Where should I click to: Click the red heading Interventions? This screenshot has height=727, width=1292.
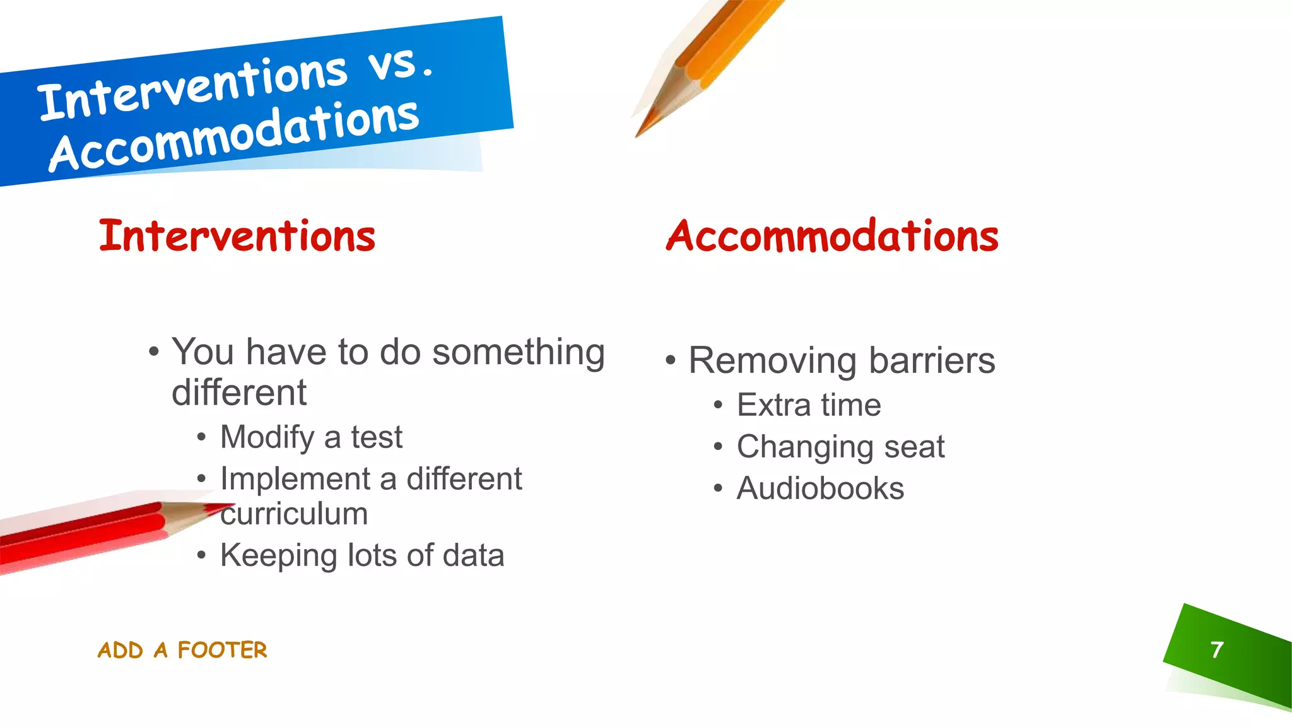(237, 236)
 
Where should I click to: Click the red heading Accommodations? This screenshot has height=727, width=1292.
(832, 236)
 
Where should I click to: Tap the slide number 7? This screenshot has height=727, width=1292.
(1217, 649)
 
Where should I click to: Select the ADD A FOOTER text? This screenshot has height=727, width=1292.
(182, 650)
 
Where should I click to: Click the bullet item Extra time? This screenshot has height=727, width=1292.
(808, 405)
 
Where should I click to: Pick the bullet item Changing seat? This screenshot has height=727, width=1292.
(840, 447)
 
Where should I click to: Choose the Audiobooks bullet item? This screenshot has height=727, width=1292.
(820, 488)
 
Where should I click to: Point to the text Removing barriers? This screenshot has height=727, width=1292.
(842, 360)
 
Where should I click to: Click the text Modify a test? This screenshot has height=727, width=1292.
(311, 437)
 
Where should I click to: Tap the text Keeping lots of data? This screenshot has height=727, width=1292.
(361, 555)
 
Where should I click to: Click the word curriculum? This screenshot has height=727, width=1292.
(294, 514)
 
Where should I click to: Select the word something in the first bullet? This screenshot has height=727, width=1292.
(518, 352)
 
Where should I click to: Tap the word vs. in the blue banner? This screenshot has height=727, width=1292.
(401, 64)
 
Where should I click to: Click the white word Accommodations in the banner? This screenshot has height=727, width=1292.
(233, 136)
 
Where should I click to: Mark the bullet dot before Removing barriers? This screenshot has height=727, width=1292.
(670, 361)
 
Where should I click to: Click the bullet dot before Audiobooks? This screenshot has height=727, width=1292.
(718, 488)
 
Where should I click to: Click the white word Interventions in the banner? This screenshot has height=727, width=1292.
(192, 88)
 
